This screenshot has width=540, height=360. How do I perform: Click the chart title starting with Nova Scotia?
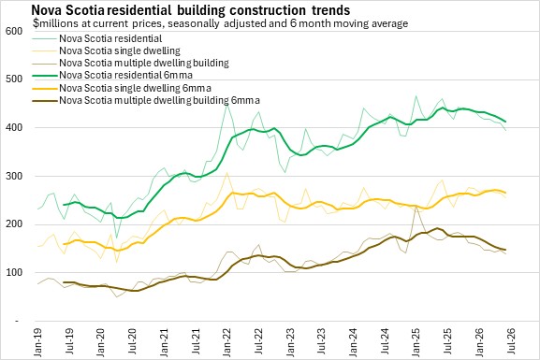pos(190,10)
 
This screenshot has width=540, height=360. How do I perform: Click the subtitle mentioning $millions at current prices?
pos(221,23)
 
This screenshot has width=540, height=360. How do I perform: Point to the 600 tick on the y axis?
pos(14,31)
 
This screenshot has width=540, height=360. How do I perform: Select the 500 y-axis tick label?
pos(14,79)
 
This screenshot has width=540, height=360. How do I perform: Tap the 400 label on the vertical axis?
pos(14,127)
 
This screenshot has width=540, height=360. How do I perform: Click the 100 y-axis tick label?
pos(14,273)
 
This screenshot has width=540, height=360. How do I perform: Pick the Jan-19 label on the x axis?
pos(37,342)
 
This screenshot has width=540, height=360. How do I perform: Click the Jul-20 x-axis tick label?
pos(132,340)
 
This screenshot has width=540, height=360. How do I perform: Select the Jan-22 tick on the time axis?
pos(227,342)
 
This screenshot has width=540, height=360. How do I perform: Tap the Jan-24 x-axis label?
pos(354,342)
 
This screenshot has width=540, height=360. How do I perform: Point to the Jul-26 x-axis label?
pos(511,340)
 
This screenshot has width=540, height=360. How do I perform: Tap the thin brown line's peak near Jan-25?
pos(416,206)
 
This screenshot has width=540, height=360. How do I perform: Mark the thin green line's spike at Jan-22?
pos(226,104)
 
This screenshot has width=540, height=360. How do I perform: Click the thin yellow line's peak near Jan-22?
pos(226,172)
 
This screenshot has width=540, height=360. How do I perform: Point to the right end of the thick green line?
pos(505,122)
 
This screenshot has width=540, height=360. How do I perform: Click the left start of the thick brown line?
pos(64,282)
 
